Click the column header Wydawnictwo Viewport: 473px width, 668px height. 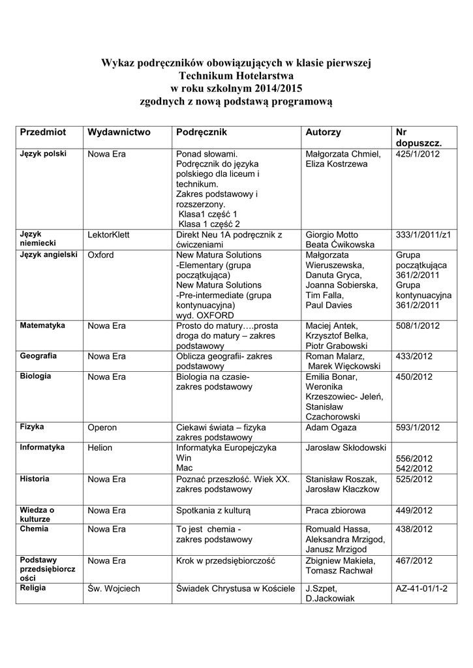[119, 132]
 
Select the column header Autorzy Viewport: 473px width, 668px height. [323, 132]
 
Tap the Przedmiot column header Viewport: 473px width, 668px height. [43, 132]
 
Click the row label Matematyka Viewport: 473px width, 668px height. [42, 325]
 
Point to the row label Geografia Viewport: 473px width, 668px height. [38, 356]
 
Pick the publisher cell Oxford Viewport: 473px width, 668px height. [100, 254]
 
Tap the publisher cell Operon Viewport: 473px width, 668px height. [102, 427]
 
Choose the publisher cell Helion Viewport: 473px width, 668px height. [100, 448]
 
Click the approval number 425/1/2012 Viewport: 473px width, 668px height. [418, 154]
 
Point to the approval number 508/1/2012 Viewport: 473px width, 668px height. [418, 326]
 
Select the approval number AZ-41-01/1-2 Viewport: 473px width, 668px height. [421, 588]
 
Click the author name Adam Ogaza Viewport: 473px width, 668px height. [331, 427]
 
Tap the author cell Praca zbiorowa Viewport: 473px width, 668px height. [335, 510]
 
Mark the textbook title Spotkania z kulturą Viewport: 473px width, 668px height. [218, 510]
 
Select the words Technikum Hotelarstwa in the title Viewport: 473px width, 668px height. [236, 76]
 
